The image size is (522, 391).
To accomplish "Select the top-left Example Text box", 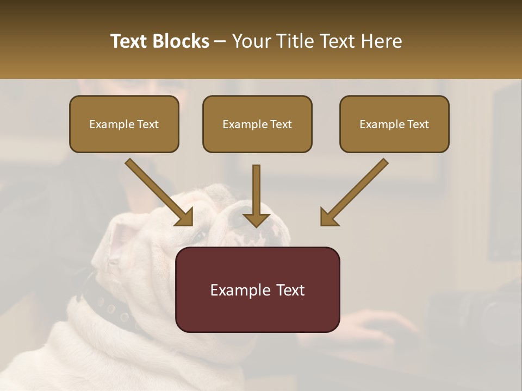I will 124,124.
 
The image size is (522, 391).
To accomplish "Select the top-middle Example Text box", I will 257,124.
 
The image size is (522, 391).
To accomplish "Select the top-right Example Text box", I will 394,124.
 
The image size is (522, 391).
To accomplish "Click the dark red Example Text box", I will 257,289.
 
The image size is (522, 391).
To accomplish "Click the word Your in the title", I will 250,41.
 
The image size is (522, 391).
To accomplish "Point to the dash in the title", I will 220,42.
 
